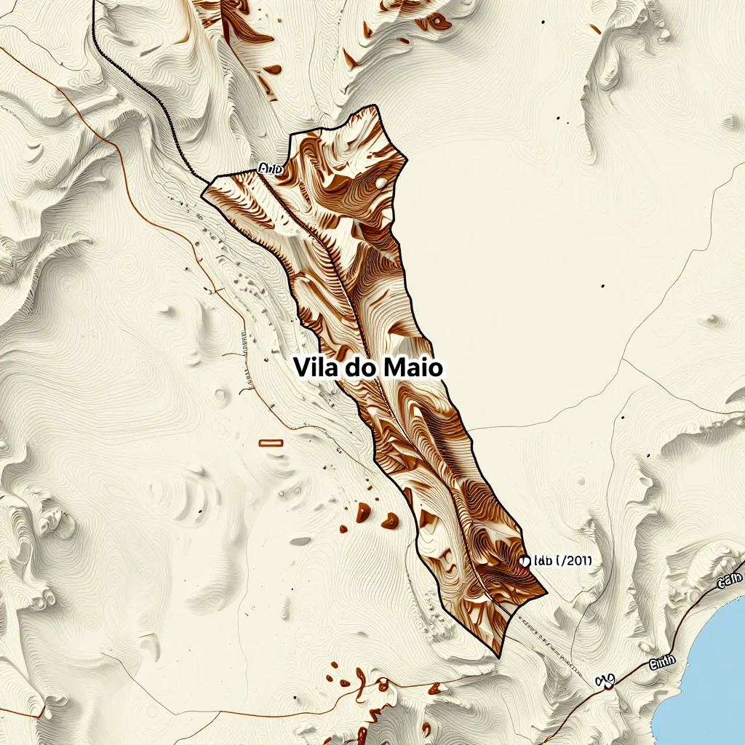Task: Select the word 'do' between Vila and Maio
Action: [x=361, y=367]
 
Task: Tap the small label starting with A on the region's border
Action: [x=269, y=169]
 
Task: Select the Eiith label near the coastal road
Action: [x=662, y=661]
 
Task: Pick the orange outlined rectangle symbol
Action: [x=271, y=442]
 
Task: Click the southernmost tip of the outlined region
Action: [x=500, y=657]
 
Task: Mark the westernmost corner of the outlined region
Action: [x=202, y=194]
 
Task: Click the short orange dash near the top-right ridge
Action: [x=596, y=29]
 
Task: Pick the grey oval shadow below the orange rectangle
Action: [x=300, y=541]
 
